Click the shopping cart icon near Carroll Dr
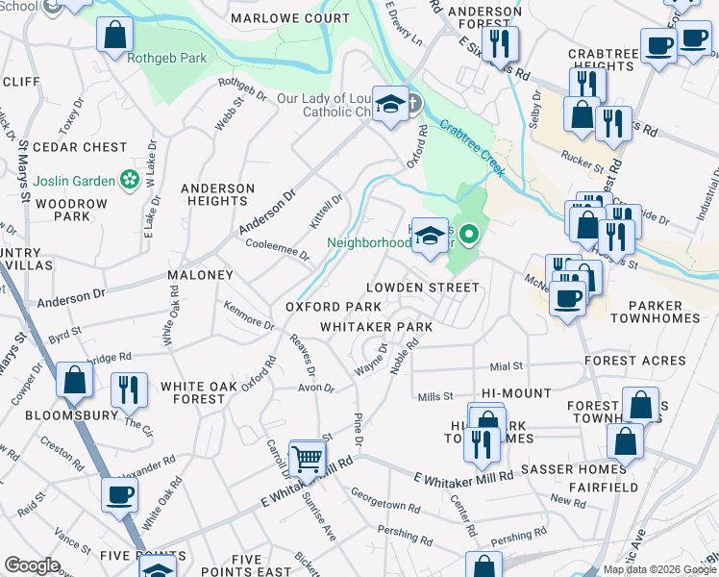pos(307,460)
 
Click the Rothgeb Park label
pos(166,58)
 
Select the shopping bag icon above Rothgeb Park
pos(114,35)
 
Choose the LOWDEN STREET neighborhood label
pos(422,288)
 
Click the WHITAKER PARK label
pos(376,327)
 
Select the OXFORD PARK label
pos(334,307)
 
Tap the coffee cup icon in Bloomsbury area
pos(119,494)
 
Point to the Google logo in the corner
pos(32,565)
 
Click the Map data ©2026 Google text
pos(659,569)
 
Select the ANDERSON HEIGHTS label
pos(218,194)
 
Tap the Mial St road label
pos(506,366)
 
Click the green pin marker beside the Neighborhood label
pos(468,233)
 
